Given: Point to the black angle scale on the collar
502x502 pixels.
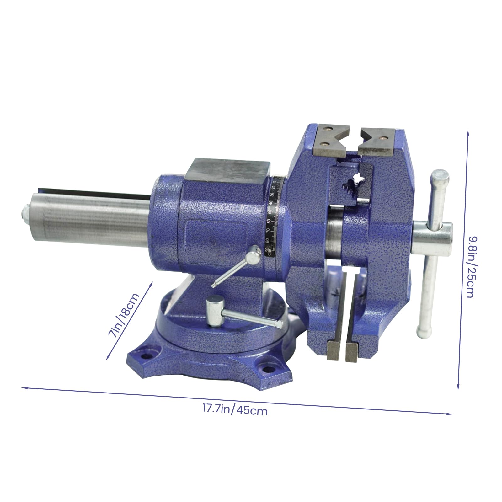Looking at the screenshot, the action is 274,216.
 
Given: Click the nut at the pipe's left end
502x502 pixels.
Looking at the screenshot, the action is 25,212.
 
